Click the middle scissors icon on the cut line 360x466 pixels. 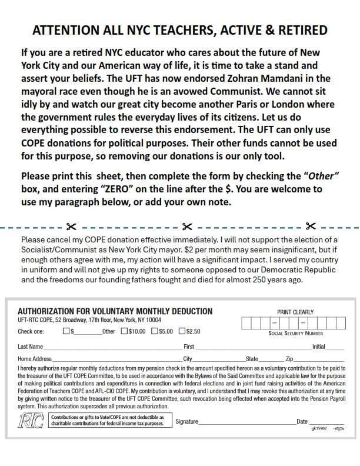[187, 227]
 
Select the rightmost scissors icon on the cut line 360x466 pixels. [311, 227]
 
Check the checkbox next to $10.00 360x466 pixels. [124, 331]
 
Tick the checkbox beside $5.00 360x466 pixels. [155, 331]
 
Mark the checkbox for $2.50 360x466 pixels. [182, 331]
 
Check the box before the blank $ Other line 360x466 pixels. [66, 331]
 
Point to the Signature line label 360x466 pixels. [186, 422]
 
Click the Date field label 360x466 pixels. [302, 422]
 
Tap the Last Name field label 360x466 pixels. [30, 347]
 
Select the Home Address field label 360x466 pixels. [35, 358]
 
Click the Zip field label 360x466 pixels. [289, 358]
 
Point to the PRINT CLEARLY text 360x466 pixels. [295, 312]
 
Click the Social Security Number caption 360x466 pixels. [295, 334]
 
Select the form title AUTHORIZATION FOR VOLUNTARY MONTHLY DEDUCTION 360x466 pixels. [115, 311]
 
